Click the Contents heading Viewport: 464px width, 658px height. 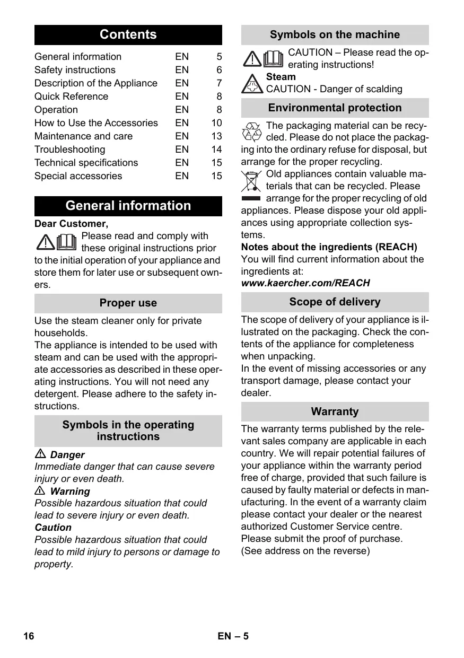tap(128, 35)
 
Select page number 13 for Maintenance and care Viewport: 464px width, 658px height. tap(216, 136)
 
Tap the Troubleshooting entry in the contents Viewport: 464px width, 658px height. tap(69, 150)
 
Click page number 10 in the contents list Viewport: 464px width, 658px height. tap(216, 123)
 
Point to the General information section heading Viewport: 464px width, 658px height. tap(128, 206)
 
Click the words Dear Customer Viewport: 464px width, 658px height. tap(71, 224)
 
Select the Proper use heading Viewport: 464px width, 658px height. tap(128, 303)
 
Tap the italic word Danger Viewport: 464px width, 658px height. tap(67, 455)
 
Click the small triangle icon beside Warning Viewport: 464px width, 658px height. tap(40, 491)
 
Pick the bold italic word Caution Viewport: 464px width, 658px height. tap(53, 528)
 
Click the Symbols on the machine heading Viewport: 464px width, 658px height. tap(335, 35)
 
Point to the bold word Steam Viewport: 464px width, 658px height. tap(281, 77)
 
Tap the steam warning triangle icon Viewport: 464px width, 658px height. tap(252, 84)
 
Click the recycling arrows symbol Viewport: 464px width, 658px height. tap(251, 131)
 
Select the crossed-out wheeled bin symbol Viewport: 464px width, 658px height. tap(251, 182)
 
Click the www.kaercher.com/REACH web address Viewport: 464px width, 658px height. tap(305, 283)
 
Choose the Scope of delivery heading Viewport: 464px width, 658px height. tap(335, 302)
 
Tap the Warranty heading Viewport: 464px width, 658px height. tap(335, 411)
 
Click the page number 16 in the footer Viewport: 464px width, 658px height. tap(29, 636)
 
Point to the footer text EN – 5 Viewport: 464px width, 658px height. tap(233, 636)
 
